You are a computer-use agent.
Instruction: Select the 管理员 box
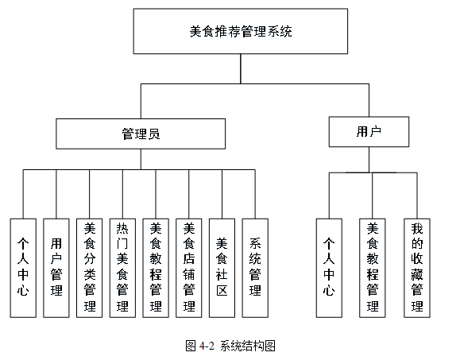(141, 133)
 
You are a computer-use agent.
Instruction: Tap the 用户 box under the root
(369, 132)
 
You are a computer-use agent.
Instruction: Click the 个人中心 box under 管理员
(23, 268)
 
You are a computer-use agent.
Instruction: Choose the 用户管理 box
(56, 268)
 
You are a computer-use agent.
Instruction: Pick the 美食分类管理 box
(90, 268)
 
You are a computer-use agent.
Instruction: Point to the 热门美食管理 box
(122, 268)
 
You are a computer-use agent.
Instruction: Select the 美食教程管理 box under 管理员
(156, 268)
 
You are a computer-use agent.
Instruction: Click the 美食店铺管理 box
(188, 268)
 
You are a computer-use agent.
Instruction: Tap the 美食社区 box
(222, 268)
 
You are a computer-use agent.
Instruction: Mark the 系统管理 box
(255, 268)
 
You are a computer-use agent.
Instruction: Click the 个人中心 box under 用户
(329, 268)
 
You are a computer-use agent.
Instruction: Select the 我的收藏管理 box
(416, 268)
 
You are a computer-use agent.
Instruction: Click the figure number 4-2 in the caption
(207, 346)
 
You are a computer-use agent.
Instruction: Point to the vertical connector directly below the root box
(241, 69)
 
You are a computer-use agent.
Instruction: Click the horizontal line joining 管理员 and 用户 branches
(254, 82)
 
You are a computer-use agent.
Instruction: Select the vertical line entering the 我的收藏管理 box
(416, 194)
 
